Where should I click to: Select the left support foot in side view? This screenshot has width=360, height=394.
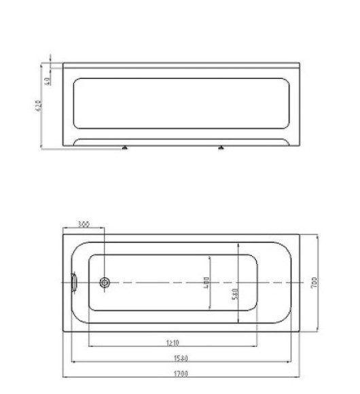click(x=124, y=147)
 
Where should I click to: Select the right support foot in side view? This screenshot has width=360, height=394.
click(x=221, y=147)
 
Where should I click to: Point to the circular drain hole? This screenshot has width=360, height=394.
click(x=105, y=283)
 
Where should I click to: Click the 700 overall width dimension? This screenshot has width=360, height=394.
click(x=314, y=283)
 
